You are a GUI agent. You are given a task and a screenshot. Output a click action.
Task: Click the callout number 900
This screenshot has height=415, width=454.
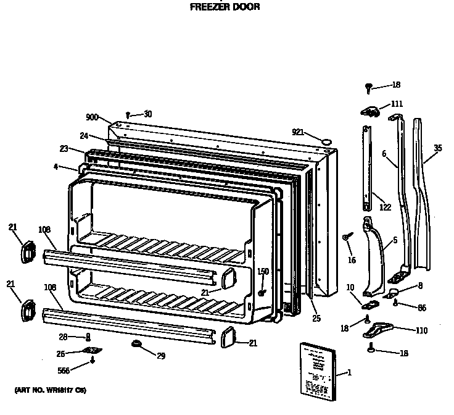click(x=93, y=117)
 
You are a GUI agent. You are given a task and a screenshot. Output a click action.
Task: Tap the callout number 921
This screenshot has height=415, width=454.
click(x=299, y=132)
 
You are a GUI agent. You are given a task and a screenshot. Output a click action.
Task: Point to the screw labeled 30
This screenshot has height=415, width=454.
click(x=128, y=114)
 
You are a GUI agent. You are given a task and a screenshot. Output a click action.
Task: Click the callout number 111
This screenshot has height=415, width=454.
click(x=397, y=104)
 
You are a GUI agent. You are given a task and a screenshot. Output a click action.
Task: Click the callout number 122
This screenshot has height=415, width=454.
click(x=385, y=207)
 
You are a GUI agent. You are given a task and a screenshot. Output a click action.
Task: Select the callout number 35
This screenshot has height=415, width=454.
click(x=438, y=148)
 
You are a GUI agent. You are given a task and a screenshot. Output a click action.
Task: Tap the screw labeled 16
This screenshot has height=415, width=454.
click(x=348, y=237)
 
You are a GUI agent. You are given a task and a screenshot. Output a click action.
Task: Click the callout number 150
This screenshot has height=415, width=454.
click(x=263, y=271)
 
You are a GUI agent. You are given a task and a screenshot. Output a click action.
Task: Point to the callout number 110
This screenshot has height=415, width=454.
click(x=421, y=331)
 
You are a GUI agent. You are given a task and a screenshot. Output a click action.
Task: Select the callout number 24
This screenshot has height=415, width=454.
click(x=84, y=135)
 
